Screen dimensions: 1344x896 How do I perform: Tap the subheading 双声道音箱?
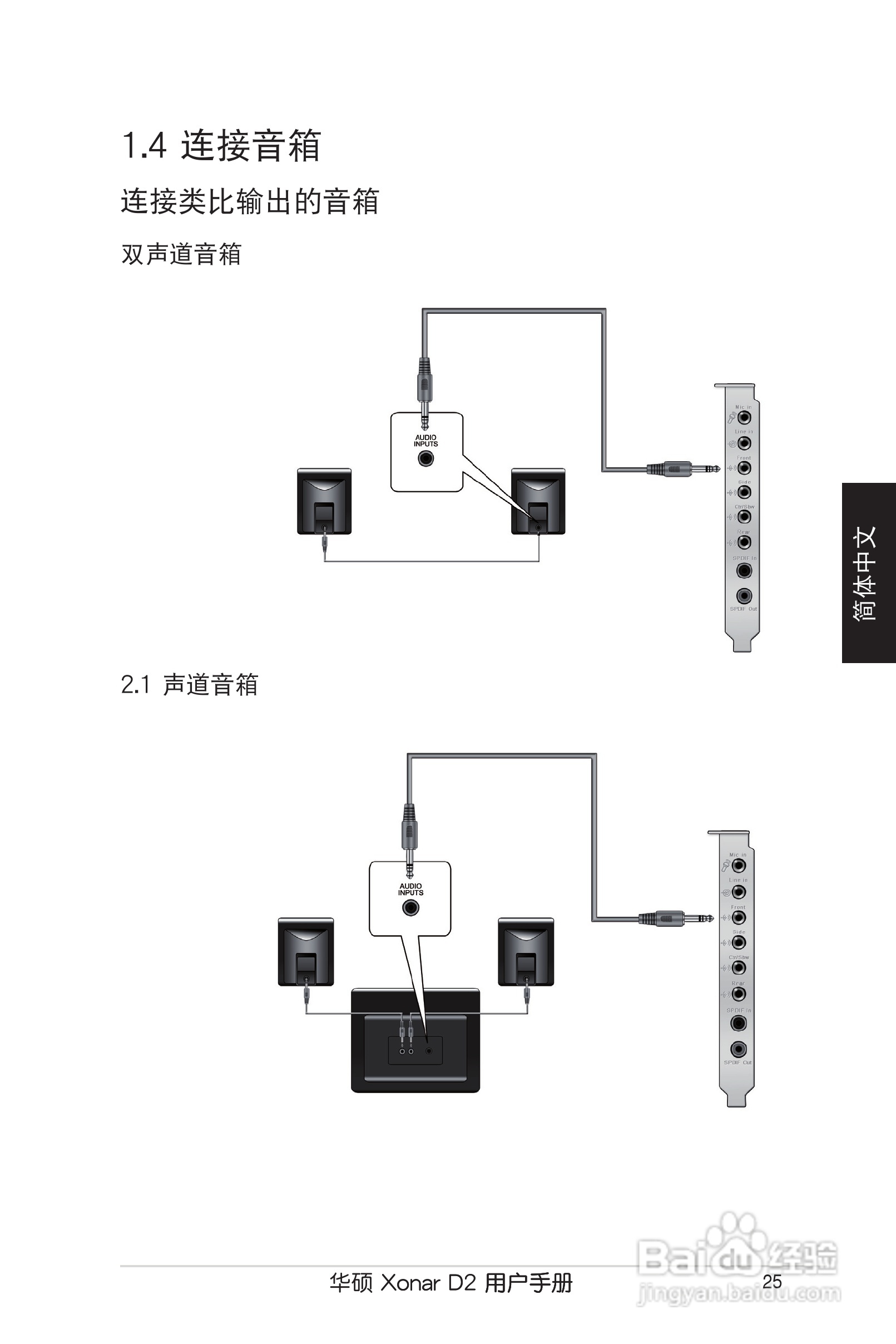coord(181,254)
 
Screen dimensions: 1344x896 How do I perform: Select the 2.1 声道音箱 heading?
coord(189,685)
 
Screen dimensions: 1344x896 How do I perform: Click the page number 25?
coord(771,1282)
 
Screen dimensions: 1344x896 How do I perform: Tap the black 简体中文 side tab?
coord(868,572)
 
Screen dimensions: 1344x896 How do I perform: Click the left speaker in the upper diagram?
coord(324,501)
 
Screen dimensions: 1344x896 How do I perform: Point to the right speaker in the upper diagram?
coord(538,501)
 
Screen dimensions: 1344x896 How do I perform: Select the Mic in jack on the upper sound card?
coord(744,418)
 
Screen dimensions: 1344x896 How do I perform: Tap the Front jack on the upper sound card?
coord(744,468)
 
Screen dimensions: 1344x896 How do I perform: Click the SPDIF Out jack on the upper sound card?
coord(744,596)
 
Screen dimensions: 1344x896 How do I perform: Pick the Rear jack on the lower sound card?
coord(738,994)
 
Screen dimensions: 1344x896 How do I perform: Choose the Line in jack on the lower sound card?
coord(738,892)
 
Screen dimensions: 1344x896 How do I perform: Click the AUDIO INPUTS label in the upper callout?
coord(425,441)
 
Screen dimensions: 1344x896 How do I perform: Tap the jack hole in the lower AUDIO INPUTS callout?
coord(410,907)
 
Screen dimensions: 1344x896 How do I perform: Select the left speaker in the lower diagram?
coord(306,951)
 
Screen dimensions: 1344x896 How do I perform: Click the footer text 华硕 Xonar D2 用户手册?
coord(451,1283)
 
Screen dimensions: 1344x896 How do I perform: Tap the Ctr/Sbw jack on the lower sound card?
coord(738,967)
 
